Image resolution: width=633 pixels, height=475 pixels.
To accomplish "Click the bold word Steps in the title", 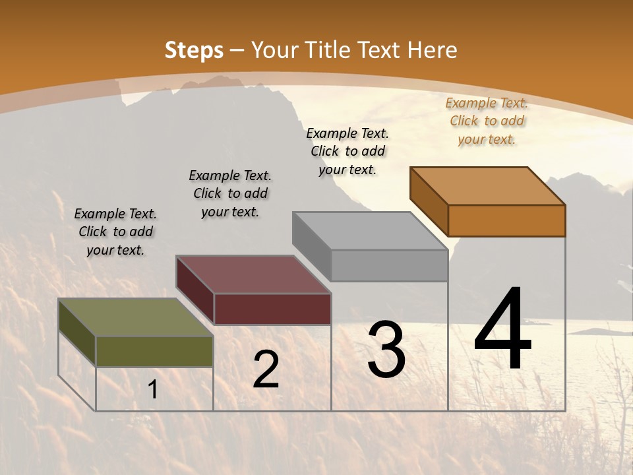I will [x=194, y=50].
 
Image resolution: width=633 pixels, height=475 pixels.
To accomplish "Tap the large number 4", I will [x=502, y=331].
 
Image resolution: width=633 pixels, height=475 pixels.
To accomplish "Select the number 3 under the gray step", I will [x=386, y=350].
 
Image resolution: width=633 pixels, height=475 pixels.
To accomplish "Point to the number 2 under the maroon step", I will [x=266, y=369].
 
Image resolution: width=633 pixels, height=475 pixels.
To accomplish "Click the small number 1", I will [x=153, y=390].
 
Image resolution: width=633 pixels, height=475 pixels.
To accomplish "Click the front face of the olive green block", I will [x=154, y=352].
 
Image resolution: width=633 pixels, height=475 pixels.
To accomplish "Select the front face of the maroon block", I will [x=272, y=309].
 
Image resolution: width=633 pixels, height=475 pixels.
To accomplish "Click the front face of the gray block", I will [x=389, y=265].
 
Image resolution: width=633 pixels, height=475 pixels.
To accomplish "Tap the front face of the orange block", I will [x=506, y=220].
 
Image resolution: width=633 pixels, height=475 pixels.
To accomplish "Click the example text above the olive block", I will [x=115, y=232].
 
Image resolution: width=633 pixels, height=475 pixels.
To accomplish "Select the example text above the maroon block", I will [x=230, y=193].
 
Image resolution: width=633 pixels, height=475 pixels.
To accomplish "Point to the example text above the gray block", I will [x=347, y=151].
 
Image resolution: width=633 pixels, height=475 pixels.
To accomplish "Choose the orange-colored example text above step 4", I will [x=487, y=121].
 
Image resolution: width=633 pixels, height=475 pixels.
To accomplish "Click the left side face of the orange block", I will [x=429, y=201].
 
